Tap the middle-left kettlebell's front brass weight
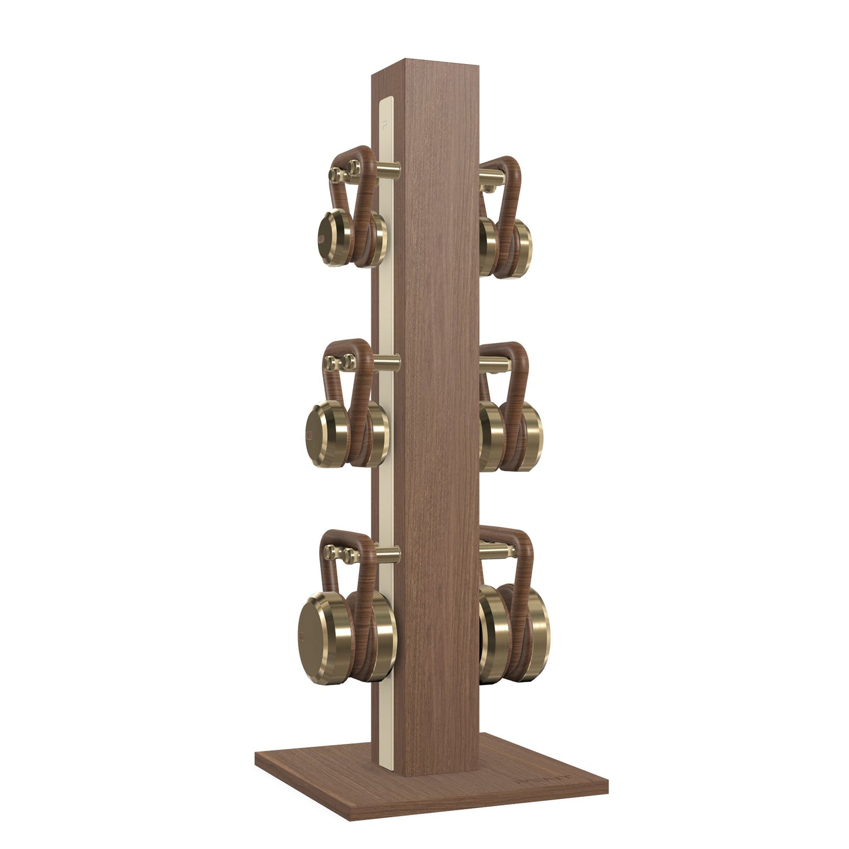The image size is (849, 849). point(323,426)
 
